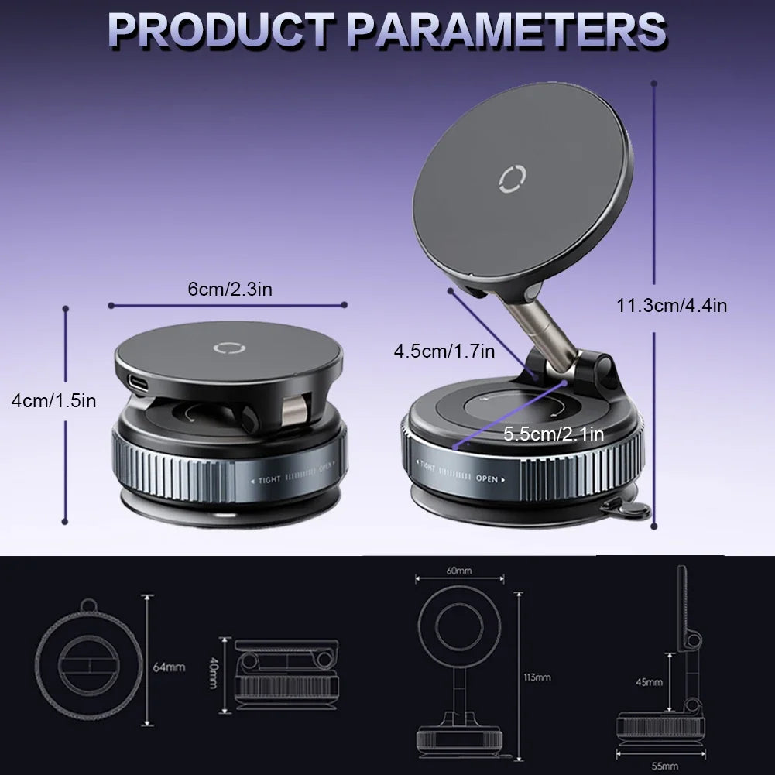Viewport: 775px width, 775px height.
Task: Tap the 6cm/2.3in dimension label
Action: point(230,290)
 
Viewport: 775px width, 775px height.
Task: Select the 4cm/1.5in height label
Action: point(53,400)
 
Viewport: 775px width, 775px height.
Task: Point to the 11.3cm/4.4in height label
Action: point(672,305)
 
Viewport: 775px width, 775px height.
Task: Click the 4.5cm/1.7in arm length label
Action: point(444,351)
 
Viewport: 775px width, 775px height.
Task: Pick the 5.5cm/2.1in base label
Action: point(553,434)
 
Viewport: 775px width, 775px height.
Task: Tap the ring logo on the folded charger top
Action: point(229,348)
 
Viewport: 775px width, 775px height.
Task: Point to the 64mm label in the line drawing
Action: point(168,667)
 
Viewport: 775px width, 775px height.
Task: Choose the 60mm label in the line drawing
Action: point(459,571)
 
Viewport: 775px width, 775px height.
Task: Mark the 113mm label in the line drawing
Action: point(537,677)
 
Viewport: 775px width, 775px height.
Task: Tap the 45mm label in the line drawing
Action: point(650,682)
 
